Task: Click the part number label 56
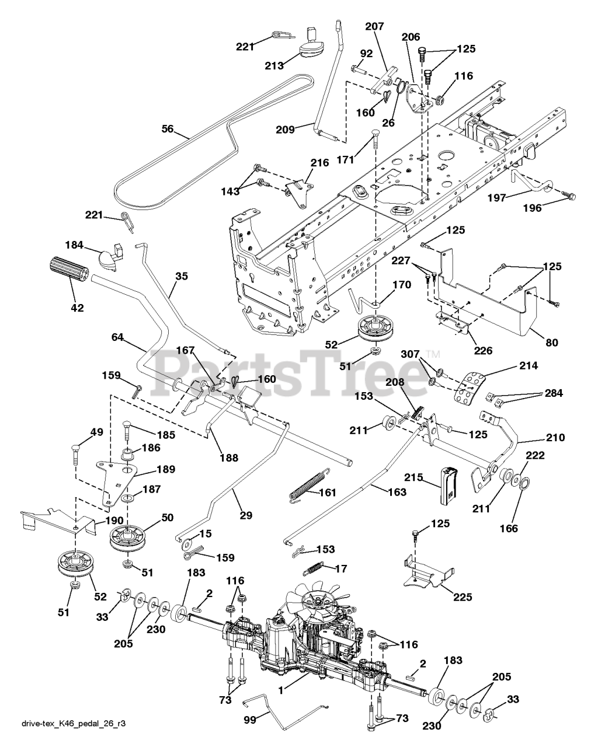tap(168, 130)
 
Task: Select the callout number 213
tap(273, 65)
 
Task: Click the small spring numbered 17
tap(315, 567)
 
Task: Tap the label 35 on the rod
tap(181, 277)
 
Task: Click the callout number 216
tap(319, 162)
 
